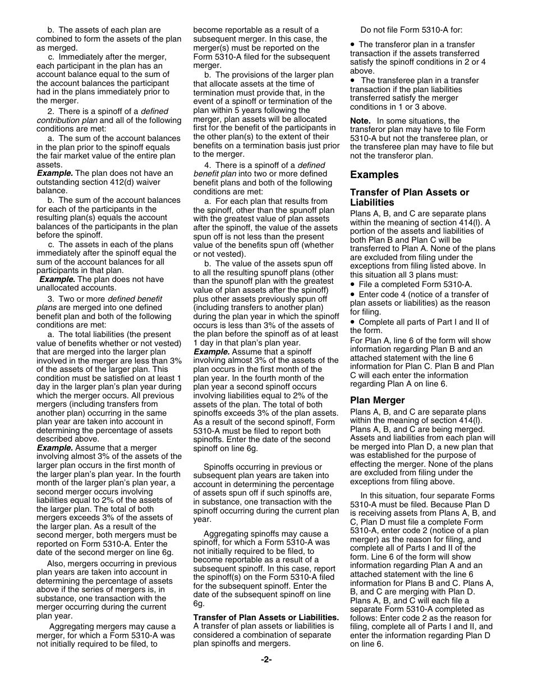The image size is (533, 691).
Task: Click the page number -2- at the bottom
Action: [266, 660]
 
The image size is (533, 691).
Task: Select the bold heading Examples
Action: [374, 175]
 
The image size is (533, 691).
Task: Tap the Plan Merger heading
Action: [377, 400]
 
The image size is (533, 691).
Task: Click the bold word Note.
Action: [360, 121]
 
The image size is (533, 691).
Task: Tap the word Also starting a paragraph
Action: [57, 563]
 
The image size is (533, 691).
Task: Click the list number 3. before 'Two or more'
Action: [51, 299]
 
